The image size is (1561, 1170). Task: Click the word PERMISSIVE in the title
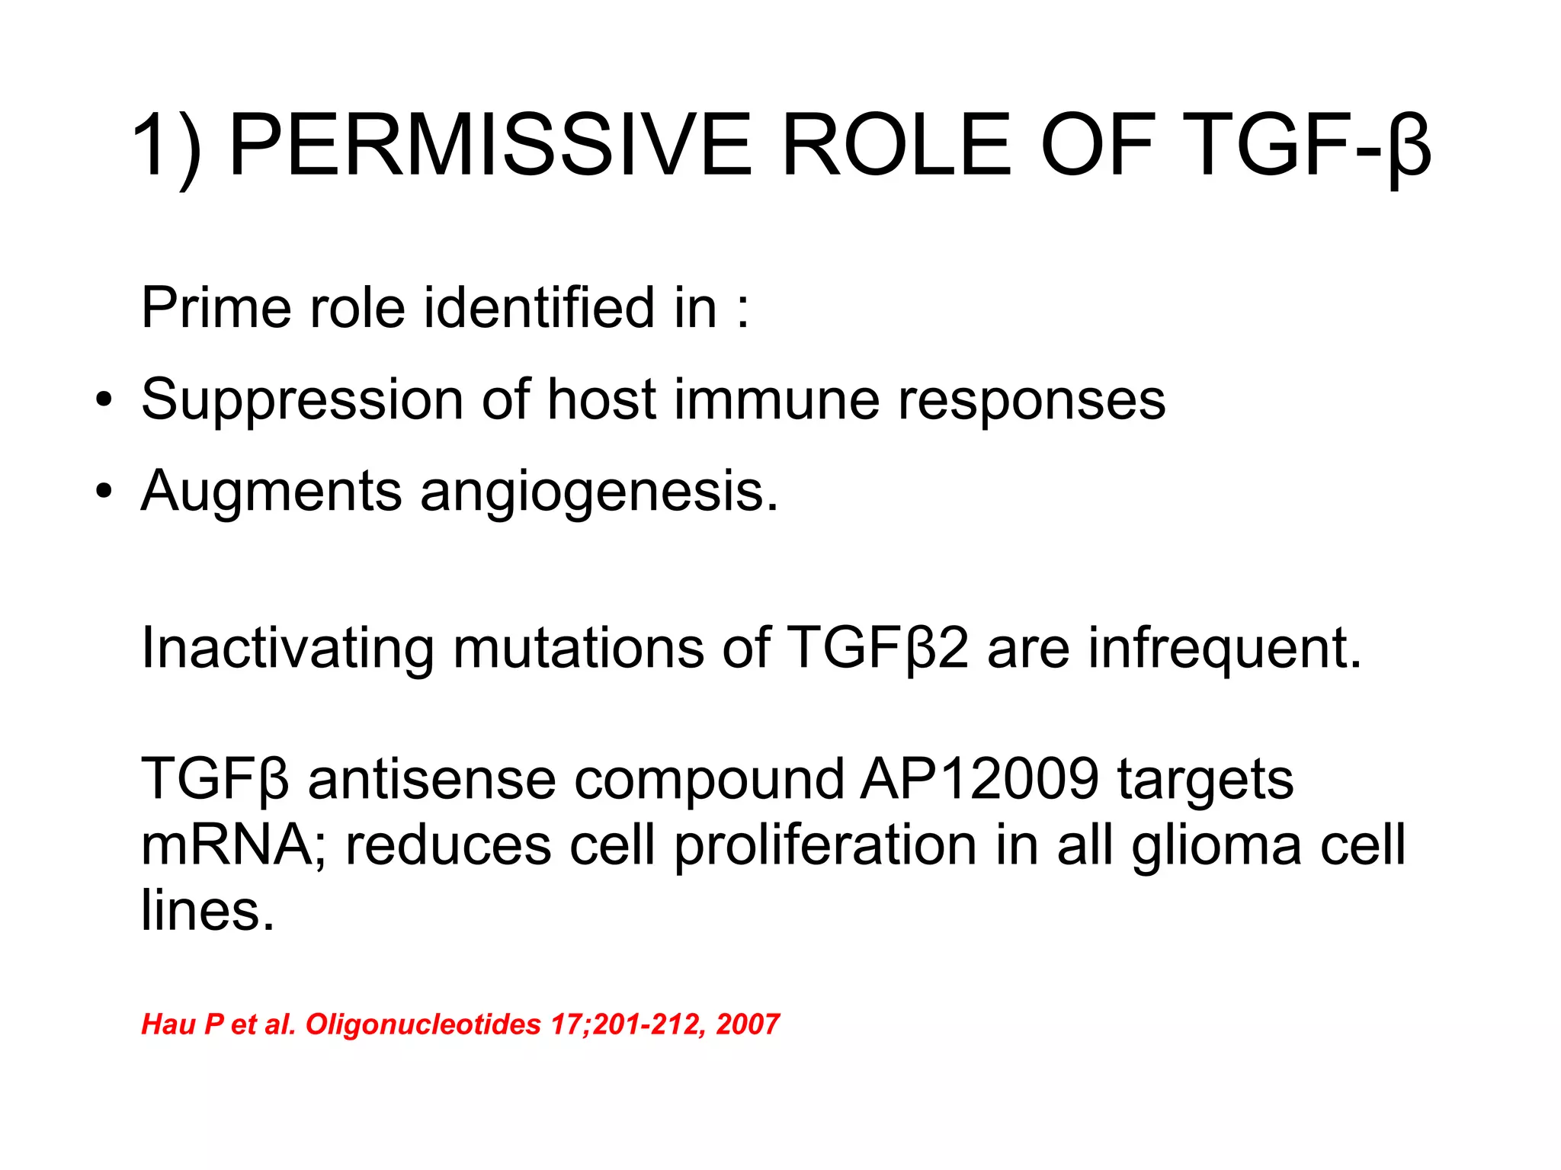click(x=490, y=145)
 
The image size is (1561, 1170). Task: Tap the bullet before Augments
click(x=104, y=492)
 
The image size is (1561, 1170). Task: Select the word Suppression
click(x=302, y=400)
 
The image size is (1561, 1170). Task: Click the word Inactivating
click(x=287, y=648)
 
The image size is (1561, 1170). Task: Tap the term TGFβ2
click(x=877, y=648)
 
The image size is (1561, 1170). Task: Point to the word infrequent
click(x=1224, y=648)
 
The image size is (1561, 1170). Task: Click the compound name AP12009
click(x=979, y=779)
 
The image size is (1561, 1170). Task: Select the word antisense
click(x=431, y=779)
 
